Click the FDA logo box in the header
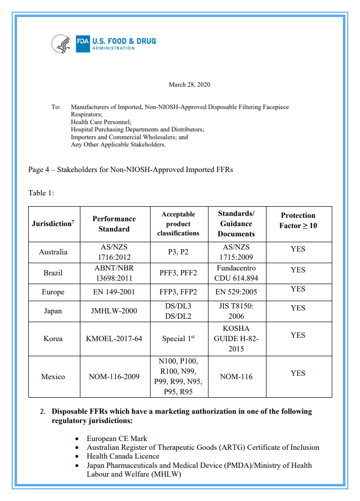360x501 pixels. (83, 42)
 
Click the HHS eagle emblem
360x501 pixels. (61, 43)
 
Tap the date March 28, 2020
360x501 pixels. (189, 85)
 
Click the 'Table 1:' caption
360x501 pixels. (41, 193)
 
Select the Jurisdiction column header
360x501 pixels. (53, 224)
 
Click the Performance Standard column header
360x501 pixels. (114, 224)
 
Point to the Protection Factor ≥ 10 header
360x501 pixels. (298, 220)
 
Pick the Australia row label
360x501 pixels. (53, 252)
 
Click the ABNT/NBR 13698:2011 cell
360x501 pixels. (114, 273)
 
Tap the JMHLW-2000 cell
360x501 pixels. (114, 311)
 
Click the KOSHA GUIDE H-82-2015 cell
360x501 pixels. (236, 338)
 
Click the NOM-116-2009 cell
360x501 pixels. (114, 377)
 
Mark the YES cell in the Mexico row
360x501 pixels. (298, 373)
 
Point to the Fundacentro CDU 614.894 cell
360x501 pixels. (236, 273)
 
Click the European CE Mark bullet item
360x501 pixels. (117, 439)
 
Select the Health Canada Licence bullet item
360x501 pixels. (123, 456)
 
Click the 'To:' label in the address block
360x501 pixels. (56, 107)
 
